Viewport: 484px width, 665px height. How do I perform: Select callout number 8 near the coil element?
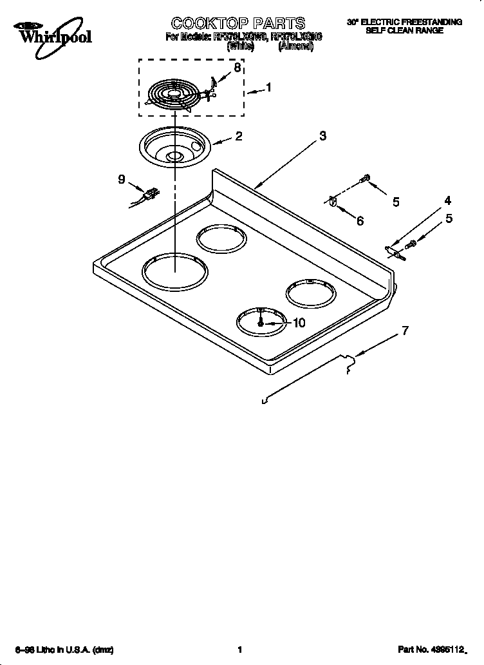237,68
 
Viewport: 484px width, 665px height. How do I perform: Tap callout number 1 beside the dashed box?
268,88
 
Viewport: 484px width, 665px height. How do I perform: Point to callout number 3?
322,135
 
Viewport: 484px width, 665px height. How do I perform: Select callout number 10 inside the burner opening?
299,323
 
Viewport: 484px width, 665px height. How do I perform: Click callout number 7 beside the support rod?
404,331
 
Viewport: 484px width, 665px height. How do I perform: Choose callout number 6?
360,221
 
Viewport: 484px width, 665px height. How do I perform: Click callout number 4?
447,200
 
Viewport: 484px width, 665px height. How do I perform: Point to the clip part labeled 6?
333,202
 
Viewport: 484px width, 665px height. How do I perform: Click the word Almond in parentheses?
295,48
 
